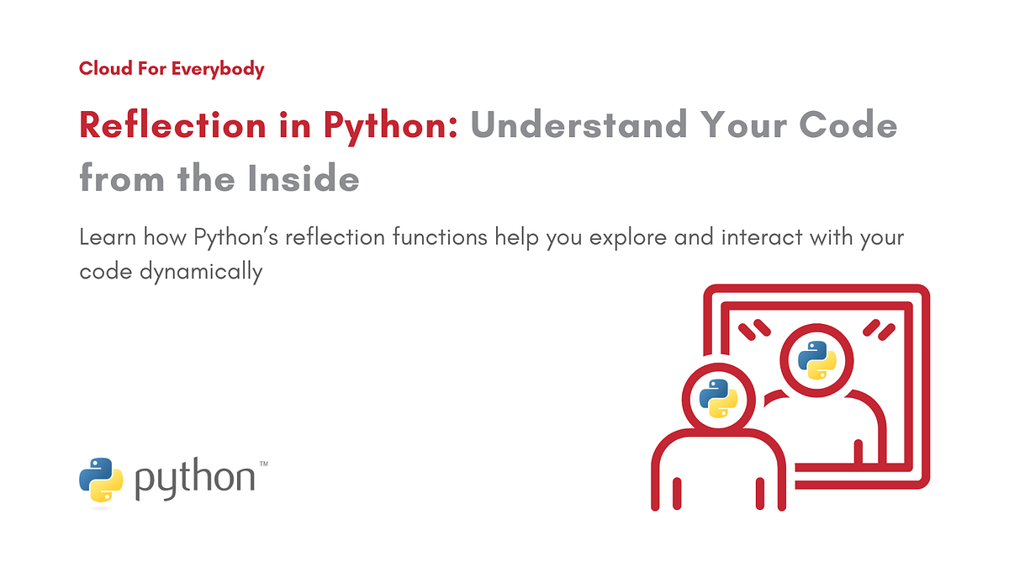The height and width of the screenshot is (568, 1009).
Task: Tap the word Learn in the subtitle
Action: [x=108, y=237]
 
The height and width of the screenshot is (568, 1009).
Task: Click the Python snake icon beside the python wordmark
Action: [x=101, y=480]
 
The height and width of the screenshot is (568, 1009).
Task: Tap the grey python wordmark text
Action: [x=194, y=479]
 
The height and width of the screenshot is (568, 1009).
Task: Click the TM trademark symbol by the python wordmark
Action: [x=263, y=464]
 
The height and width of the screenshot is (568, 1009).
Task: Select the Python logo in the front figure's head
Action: [x=717, y=398]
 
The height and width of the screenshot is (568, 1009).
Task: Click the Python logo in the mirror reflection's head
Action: [x=816, y=362]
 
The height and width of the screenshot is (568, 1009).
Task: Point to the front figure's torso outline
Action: [x=718, y=471]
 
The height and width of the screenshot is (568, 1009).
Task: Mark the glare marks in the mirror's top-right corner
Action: [x=880, y=328]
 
